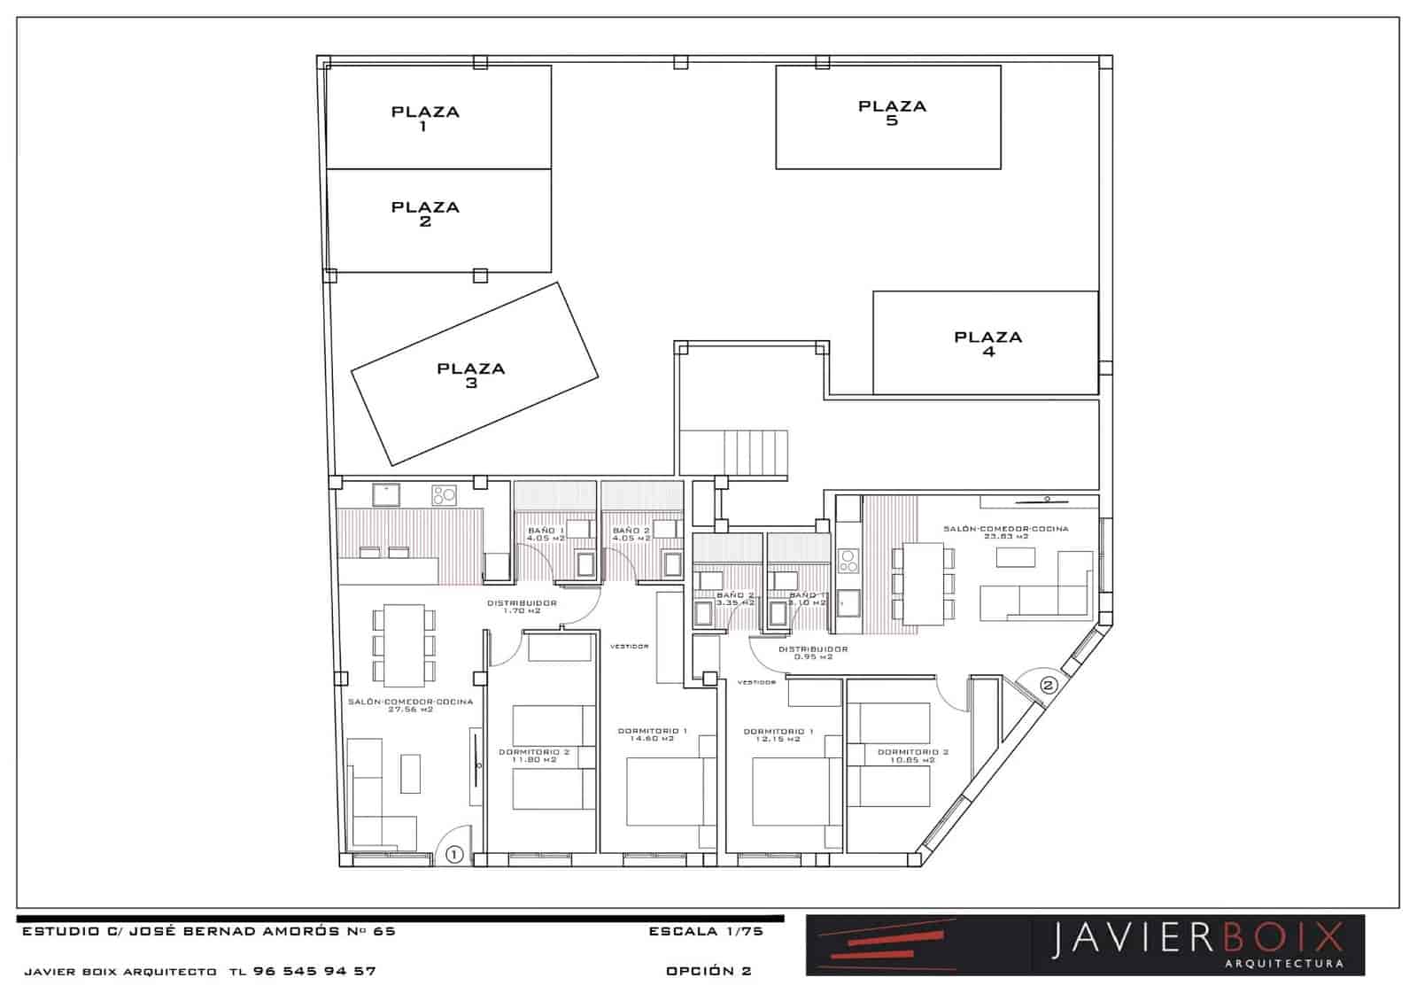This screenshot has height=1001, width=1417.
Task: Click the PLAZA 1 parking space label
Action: pos(425,118)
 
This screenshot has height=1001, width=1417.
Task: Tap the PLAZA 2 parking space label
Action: pos(425,213)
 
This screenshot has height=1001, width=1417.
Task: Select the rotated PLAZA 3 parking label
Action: pos(470,375)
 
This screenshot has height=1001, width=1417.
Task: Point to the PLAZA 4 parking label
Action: pos(987,343)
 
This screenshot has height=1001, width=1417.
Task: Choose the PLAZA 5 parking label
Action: pos(892,113)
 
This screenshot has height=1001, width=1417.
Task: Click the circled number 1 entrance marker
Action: pos(454,855)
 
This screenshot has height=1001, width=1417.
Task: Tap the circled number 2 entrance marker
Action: pos(1049,685)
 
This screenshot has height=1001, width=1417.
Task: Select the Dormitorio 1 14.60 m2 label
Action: pos(653,734)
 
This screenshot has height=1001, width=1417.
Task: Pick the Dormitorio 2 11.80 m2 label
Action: pos(533,756)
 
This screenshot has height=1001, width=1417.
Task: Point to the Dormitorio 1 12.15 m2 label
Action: pos(778,734)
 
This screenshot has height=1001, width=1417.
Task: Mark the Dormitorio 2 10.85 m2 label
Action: pos(912,756)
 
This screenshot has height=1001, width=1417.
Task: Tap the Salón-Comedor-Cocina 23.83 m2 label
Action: pos(1005,532)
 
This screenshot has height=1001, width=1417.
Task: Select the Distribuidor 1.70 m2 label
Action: pos(522,607)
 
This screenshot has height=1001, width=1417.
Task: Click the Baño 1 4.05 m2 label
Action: pos(546,533)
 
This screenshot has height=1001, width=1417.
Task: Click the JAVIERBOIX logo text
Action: pos(1197,940)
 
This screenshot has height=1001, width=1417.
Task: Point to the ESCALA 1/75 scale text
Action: pos(706,932)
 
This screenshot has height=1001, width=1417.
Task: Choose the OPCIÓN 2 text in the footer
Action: pos(708,971)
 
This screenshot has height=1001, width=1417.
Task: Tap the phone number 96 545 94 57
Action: pos(314,971)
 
